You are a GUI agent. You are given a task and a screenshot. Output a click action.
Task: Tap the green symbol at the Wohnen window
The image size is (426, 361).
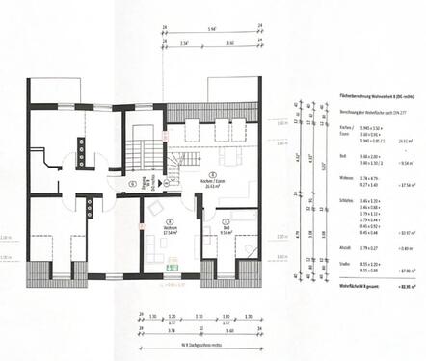(x=170, y=266)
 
